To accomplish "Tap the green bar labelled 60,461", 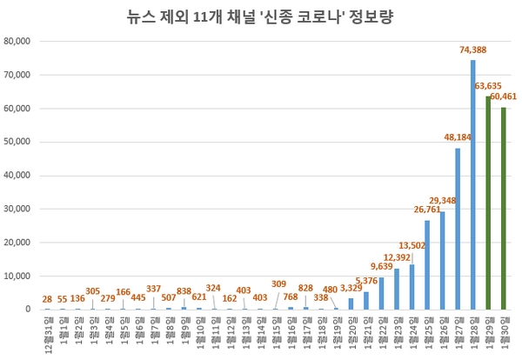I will point(503,208).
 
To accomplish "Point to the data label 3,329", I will point(350,289).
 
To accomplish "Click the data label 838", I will point(184,290).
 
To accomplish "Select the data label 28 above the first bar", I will point(46,298).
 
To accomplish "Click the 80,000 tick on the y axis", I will point(18,41).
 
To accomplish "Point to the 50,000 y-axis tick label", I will point(18,142).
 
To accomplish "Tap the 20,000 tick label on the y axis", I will point(18,242).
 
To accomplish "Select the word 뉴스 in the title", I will point(143,16).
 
